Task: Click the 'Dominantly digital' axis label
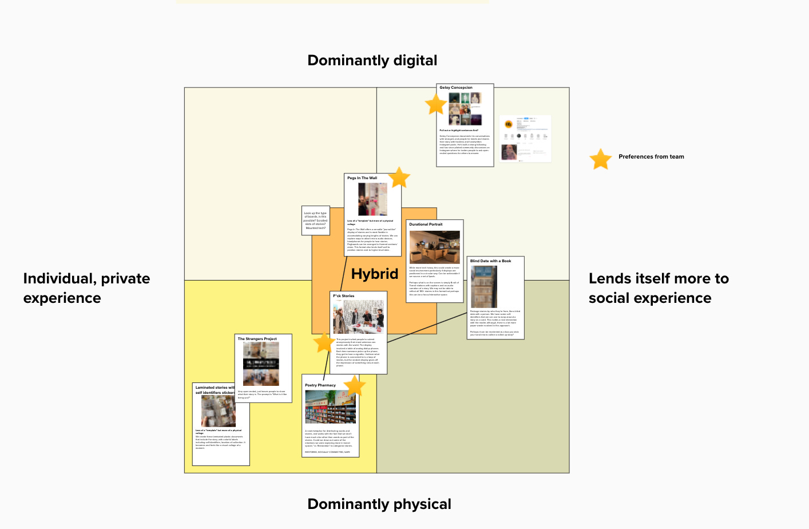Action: coord(372,61)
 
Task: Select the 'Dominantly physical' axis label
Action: coord(379,504)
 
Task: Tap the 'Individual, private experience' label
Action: coord(86,288)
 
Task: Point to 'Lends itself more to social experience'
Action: coord(659,288)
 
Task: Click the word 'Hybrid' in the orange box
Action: coord(374,274)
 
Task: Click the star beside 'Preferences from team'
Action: coord(601,159)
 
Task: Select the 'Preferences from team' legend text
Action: coord(651,157)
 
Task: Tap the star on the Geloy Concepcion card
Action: coord(436,105)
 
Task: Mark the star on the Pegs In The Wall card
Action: coord(399,177)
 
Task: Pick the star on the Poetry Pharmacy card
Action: coord(355,386)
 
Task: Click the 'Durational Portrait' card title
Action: coord(426,224)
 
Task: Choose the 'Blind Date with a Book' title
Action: coord(490,261)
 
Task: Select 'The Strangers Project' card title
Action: coord(257,339)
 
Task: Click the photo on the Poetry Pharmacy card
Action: coord(330,407)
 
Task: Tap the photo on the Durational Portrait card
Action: coord(434,247)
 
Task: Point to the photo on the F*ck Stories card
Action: coord(358,317)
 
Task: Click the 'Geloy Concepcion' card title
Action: coord(455,88)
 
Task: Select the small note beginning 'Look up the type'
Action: coord(316,220)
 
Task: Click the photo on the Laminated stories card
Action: coord(218,410)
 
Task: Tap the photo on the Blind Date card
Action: coord(483,287)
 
